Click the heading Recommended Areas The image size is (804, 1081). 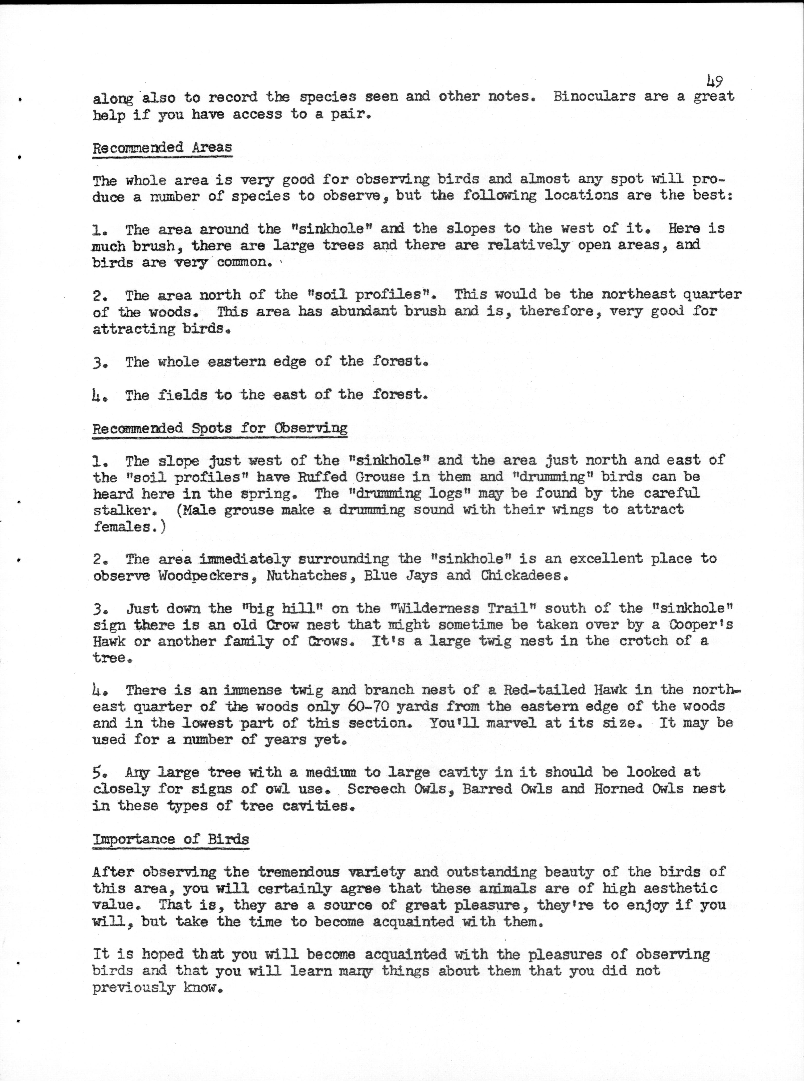162,147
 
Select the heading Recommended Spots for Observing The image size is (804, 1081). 219,428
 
